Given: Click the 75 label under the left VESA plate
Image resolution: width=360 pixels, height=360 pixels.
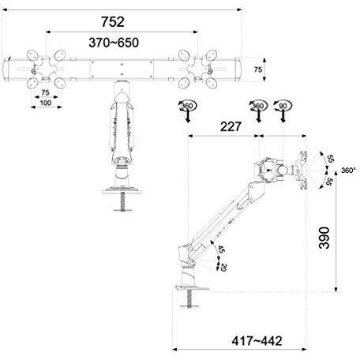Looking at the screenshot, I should pos(45,92).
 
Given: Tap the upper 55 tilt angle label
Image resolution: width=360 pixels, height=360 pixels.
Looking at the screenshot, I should pos(330,157).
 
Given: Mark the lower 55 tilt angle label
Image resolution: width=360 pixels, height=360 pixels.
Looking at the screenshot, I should pos(330,182).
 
